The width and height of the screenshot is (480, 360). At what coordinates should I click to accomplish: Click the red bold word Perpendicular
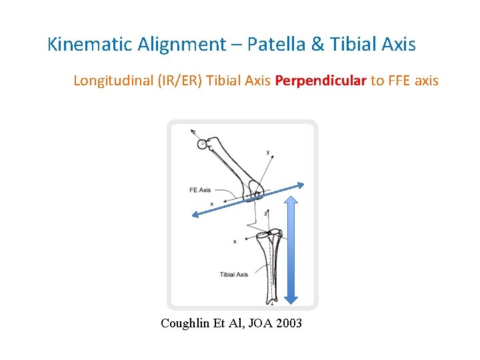pos(321,81)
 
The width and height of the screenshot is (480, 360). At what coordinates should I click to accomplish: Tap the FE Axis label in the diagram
pos(200,190)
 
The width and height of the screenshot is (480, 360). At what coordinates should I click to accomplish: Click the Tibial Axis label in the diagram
pos(234,274)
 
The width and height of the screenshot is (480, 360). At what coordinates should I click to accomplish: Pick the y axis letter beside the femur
pos(268,153)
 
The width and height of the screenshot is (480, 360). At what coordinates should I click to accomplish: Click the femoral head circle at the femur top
pos(202,144)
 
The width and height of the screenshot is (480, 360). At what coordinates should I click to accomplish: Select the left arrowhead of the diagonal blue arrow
pos(192,214)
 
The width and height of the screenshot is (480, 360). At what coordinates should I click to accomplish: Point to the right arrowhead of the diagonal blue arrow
pos(301,185)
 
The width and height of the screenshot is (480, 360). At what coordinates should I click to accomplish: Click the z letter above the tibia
pos(265,213)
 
